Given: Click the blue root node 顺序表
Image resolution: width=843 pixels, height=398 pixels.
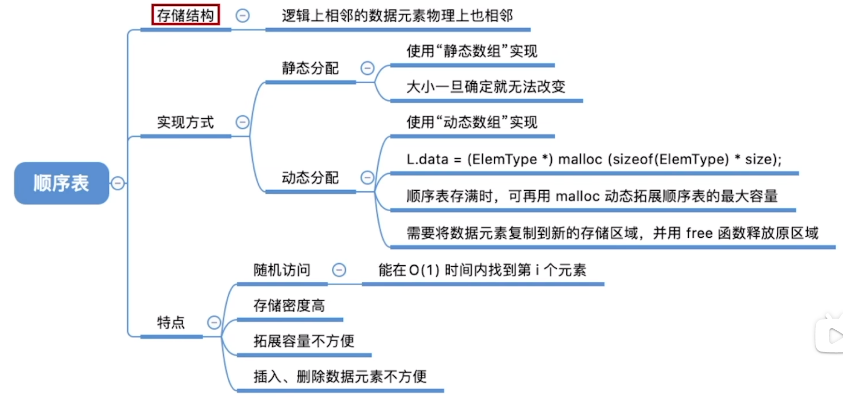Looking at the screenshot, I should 61,183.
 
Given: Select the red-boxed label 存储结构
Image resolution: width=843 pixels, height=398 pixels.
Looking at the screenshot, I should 185,15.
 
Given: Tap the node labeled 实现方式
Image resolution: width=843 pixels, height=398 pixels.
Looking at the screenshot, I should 185,122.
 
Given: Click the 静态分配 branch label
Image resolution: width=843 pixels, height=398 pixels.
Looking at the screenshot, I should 310,68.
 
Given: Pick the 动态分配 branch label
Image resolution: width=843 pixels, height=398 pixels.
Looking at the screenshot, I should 310,178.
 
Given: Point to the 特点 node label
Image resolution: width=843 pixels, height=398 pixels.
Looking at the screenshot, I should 171,322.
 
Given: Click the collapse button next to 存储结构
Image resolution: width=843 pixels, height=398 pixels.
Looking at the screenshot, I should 242,15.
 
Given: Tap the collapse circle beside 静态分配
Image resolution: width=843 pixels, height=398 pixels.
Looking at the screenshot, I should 368,68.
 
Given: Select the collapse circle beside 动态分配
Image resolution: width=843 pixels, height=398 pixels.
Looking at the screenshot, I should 368,178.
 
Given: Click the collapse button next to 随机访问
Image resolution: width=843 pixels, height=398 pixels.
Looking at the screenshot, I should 339,270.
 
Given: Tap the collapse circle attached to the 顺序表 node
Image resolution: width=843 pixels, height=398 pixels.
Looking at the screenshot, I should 118,183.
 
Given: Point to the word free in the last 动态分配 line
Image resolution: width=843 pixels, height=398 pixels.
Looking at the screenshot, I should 699,233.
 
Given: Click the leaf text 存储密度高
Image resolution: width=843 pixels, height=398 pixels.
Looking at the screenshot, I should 289,306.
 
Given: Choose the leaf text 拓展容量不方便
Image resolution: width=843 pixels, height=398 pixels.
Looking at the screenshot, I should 304,341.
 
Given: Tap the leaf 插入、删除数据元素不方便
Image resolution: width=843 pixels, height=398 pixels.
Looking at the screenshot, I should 340,376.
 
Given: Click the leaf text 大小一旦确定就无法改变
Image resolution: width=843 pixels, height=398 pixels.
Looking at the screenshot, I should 486,87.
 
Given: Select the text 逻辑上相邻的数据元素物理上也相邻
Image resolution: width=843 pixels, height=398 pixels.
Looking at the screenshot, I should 397,15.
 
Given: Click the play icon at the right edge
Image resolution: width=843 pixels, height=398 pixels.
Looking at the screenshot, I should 834,336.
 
